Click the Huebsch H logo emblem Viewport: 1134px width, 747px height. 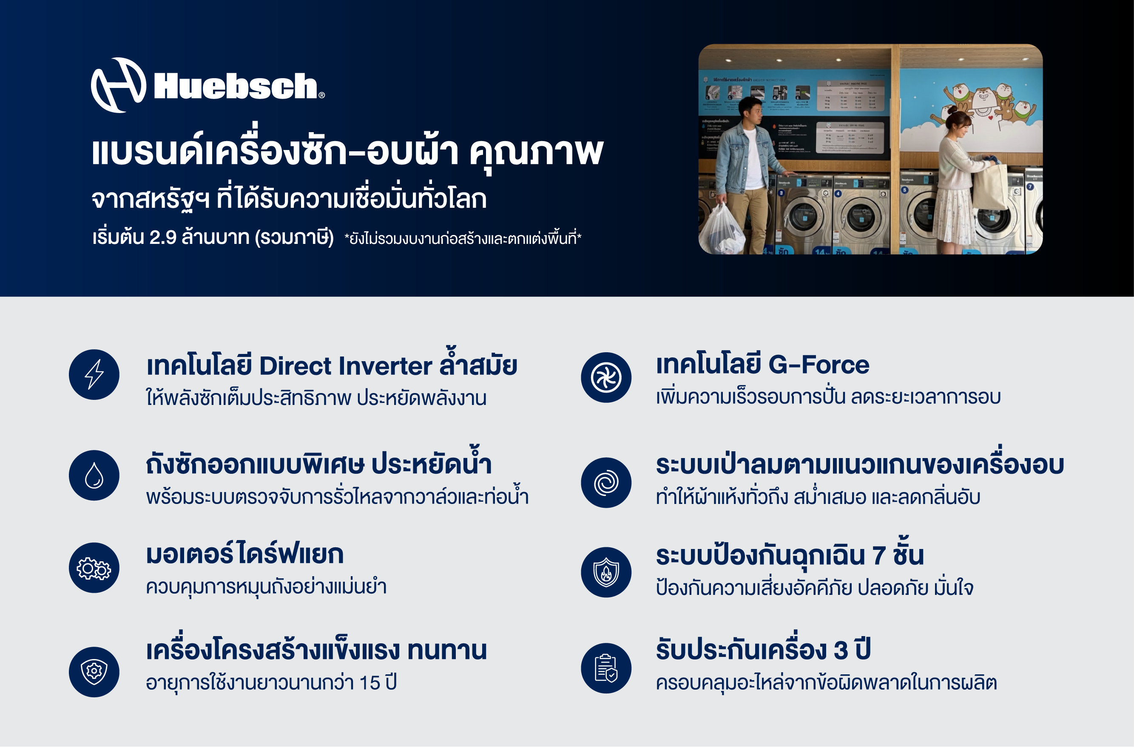point(118,85)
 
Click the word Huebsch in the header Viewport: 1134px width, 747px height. point(236,86)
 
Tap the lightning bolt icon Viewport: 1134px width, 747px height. point(94,374)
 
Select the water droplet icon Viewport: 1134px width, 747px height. point(94,475)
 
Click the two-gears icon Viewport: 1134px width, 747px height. point(94,568)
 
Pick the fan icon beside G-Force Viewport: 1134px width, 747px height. point(606,377)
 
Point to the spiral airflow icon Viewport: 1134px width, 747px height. point(606,483)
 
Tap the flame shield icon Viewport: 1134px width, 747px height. point(606,572)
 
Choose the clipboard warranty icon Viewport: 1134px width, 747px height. point(606,668)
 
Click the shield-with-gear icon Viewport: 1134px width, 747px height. point(94,672)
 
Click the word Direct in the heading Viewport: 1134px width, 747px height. point(296,366)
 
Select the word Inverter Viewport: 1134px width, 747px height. point(386,366)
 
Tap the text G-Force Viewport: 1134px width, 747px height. point(819,365)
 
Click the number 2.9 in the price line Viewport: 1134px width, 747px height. point(162,237)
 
